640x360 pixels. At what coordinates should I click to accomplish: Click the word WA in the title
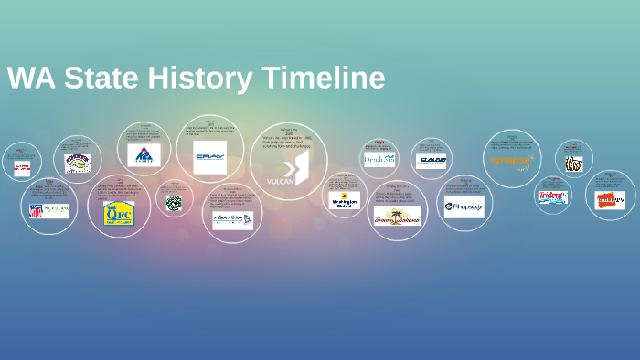click(x=28, y=78)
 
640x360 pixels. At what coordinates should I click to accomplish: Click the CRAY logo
click(x=209, y=157)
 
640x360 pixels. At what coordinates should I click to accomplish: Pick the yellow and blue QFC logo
click(x=118, y=213)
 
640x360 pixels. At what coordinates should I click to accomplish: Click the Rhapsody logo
click(x=464, y=206)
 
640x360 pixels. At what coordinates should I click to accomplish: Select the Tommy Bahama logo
click(x=398, y=216)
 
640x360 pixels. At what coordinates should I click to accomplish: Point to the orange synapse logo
click(x=511, y=161)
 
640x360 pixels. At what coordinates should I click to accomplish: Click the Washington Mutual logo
click(x=345, y=200)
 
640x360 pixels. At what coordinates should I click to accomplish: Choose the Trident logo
click(x=553, y=196)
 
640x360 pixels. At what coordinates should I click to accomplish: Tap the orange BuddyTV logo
click(x=610, y=200)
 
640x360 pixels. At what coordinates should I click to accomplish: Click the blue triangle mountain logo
click(x=144, y=155)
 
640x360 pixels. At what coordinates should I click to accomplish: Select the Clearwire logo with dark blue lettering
click(x=431, y=161)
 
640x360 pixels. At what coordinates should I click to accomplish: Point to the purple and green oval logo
click(x=78, y=163)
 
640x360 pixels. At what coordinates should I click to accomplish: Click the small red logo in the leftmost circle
click(x=22, y=168)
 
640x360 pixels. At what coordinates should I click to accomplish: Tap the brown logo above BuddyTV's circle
click(x=573, y=164)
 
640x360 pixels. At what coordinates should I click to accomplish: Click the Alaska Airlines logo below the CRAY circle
click(x=232, y=219)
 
